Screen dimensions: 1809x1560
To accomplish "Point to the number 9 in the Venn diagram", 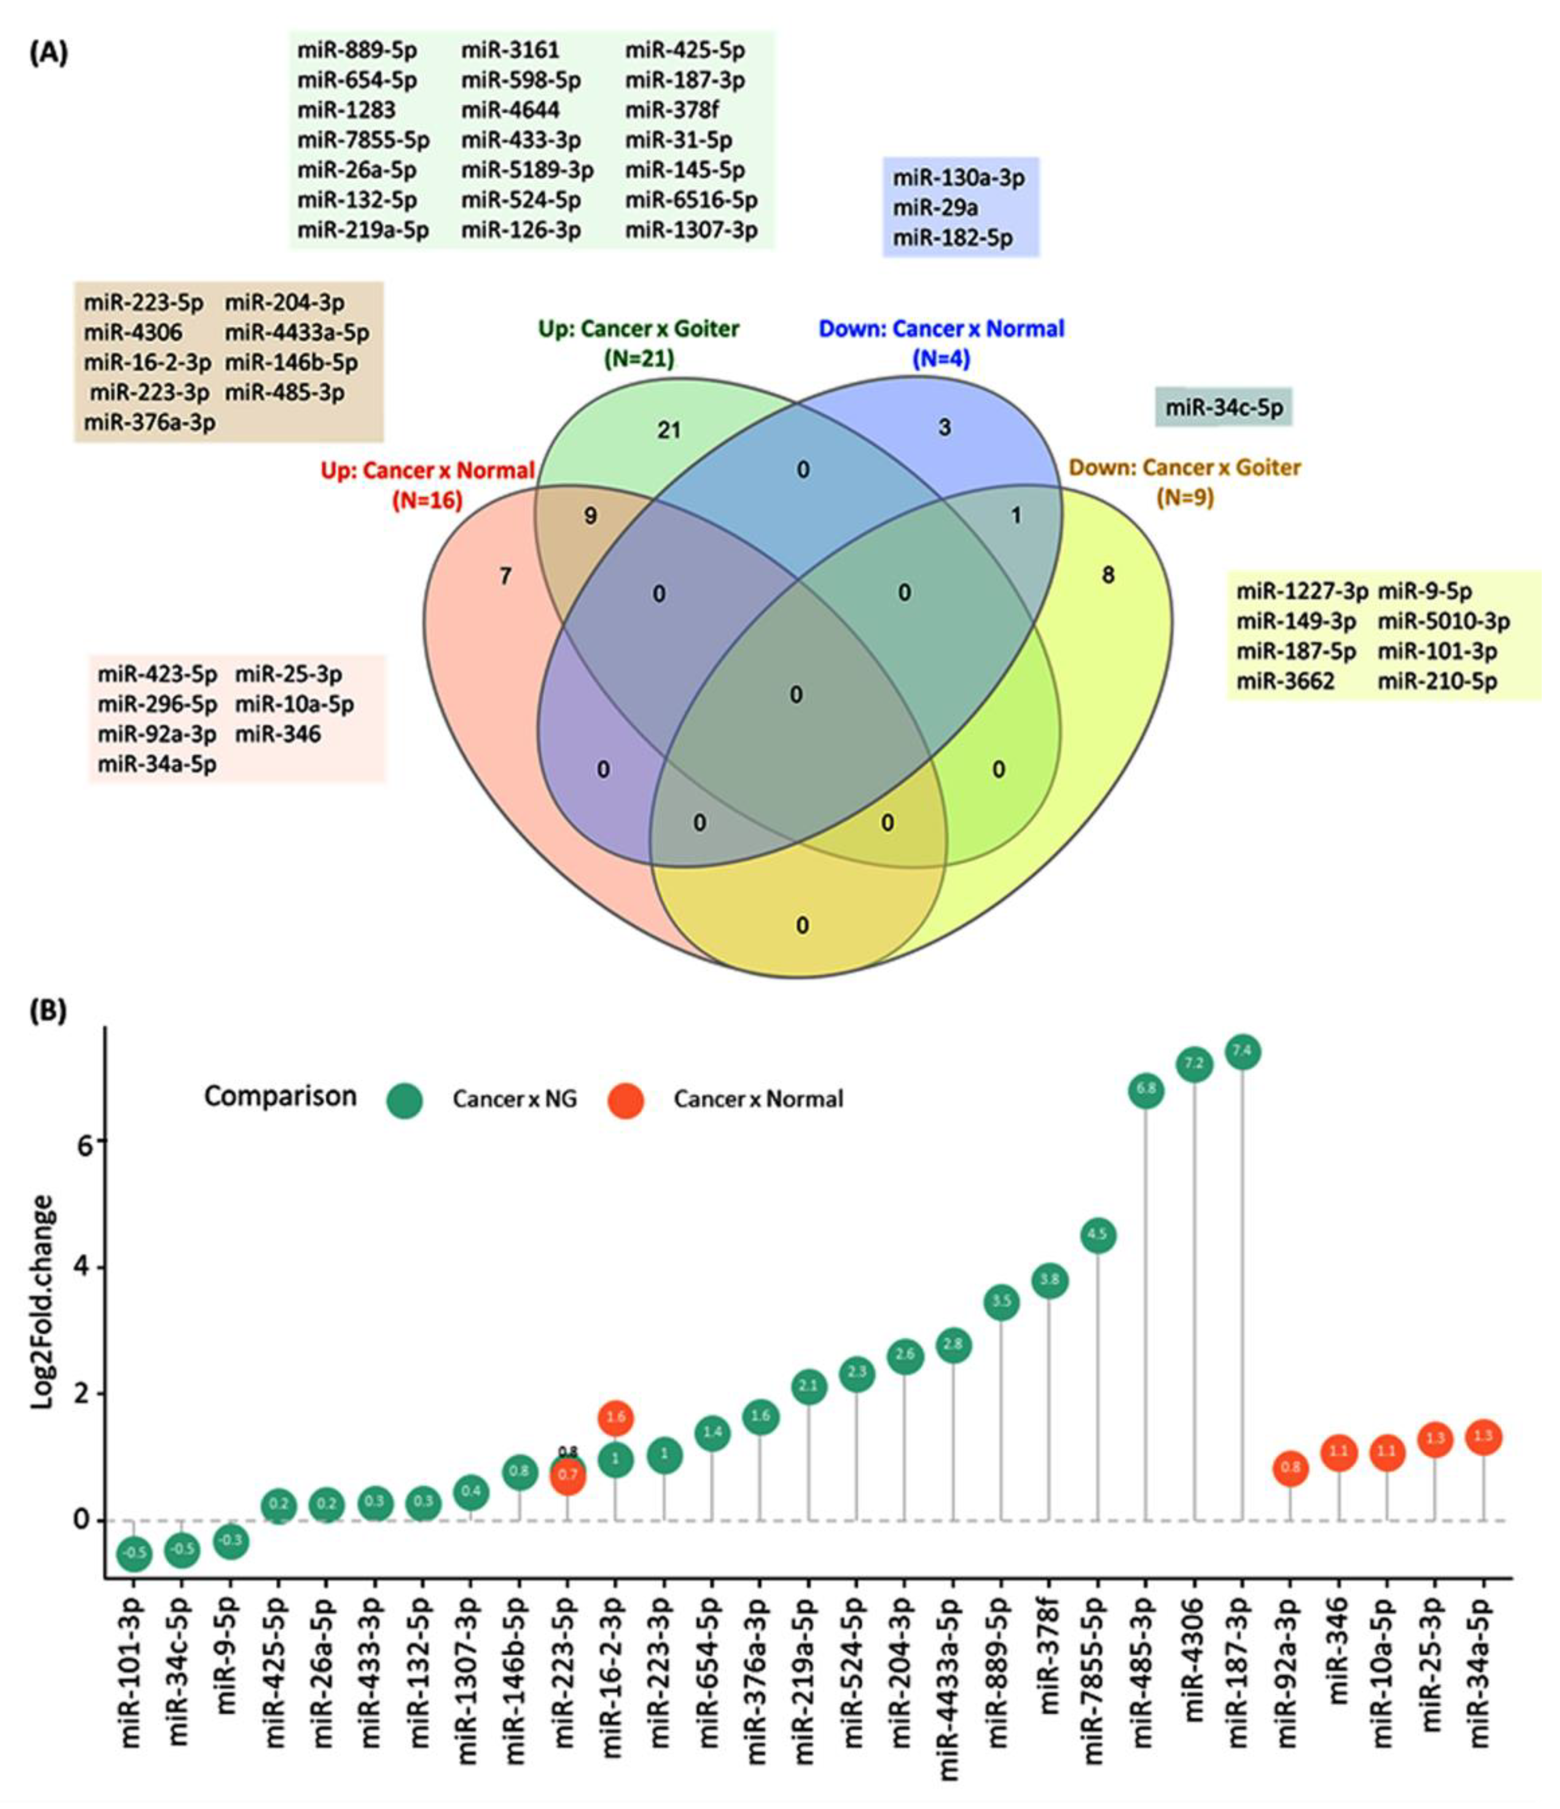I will (590, 516).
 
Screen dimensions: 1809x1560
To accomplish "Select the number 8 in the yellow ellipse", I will (1107, 575).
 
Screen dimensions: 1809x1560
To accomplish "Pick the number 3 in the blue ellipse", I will (944, 428).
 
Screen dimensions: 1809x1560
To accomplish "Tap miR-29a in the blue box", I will (935, 208).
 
